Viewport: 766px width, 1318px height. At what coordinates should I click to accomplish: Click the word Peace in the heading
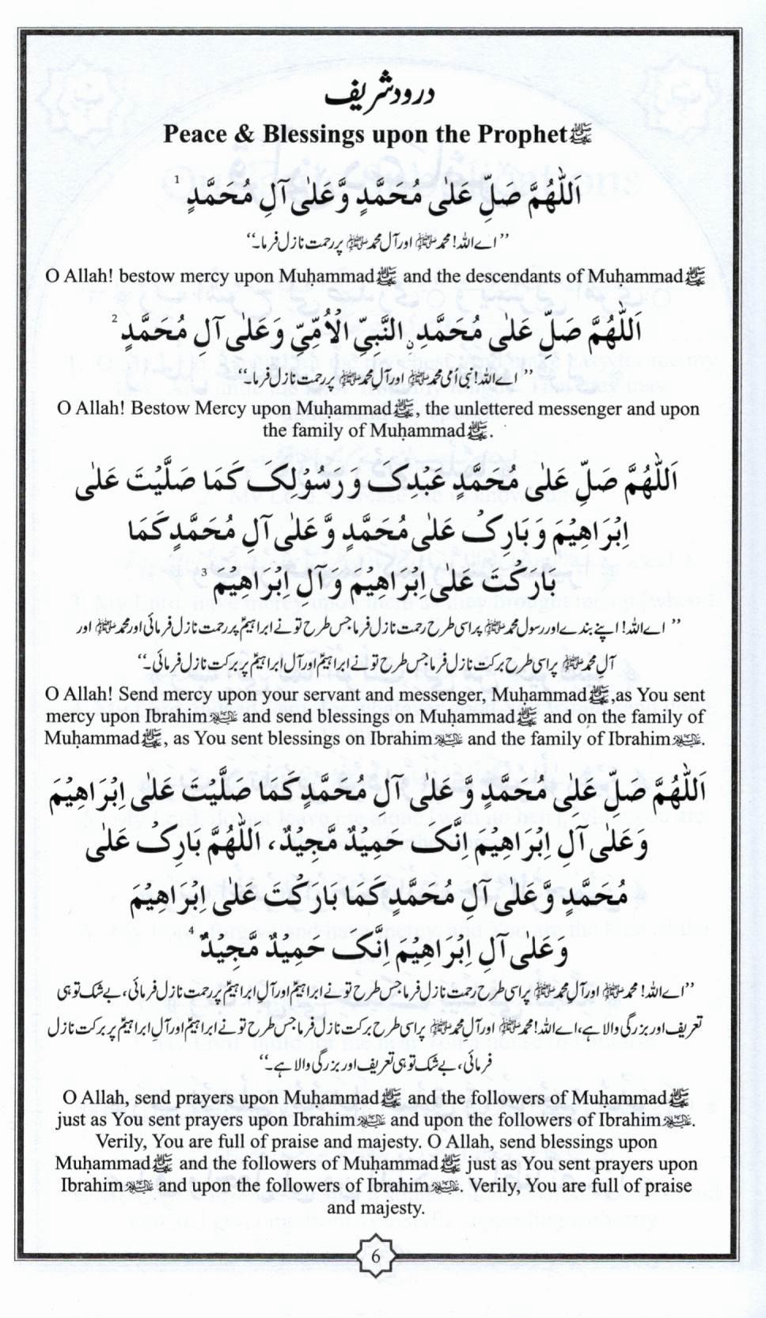tap(195, 134)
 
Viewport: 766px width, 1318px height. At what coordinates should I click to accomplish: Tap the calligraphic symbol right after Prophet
tap(580, 136)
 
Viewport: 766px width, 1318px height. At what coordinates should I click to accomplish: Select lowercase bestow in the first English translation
tap(150, 276)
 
